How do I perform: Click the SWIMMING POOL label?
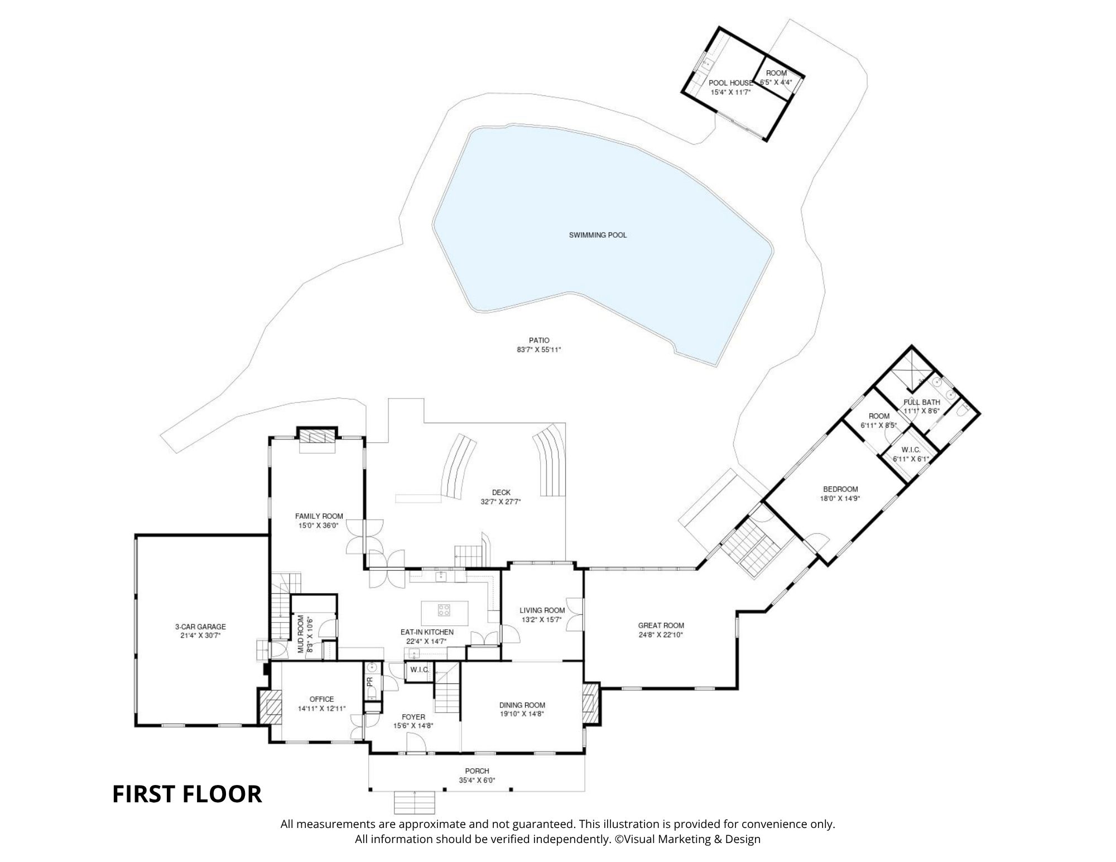[598, 235]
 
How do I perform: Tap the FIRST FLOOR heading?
[187, 794]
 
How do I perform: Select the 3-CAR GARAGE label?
[200, 627]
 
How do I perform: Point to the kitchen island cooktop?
[444, 610]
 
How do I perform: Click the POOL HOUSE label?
[730, 83]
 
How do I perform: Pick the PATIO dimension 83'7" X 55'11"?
[538, 350]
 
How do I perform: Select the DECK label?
[501, 493]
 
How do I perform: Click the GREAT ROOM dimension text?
[661, 635]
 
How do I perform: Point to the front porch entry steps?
[414, 802]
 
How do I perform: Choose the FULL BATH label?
[922, 402]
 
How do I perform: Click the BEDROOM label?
[840, 489]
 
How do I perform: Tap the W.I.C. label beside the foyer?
[419, 670]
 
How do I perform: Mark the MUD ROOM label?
[301, 634]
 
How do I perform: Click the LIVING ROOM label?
[542, 610]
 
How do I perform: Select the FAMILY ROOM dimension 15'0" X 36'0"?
[319, 525]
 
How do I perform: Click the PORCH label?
[477, 771]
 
